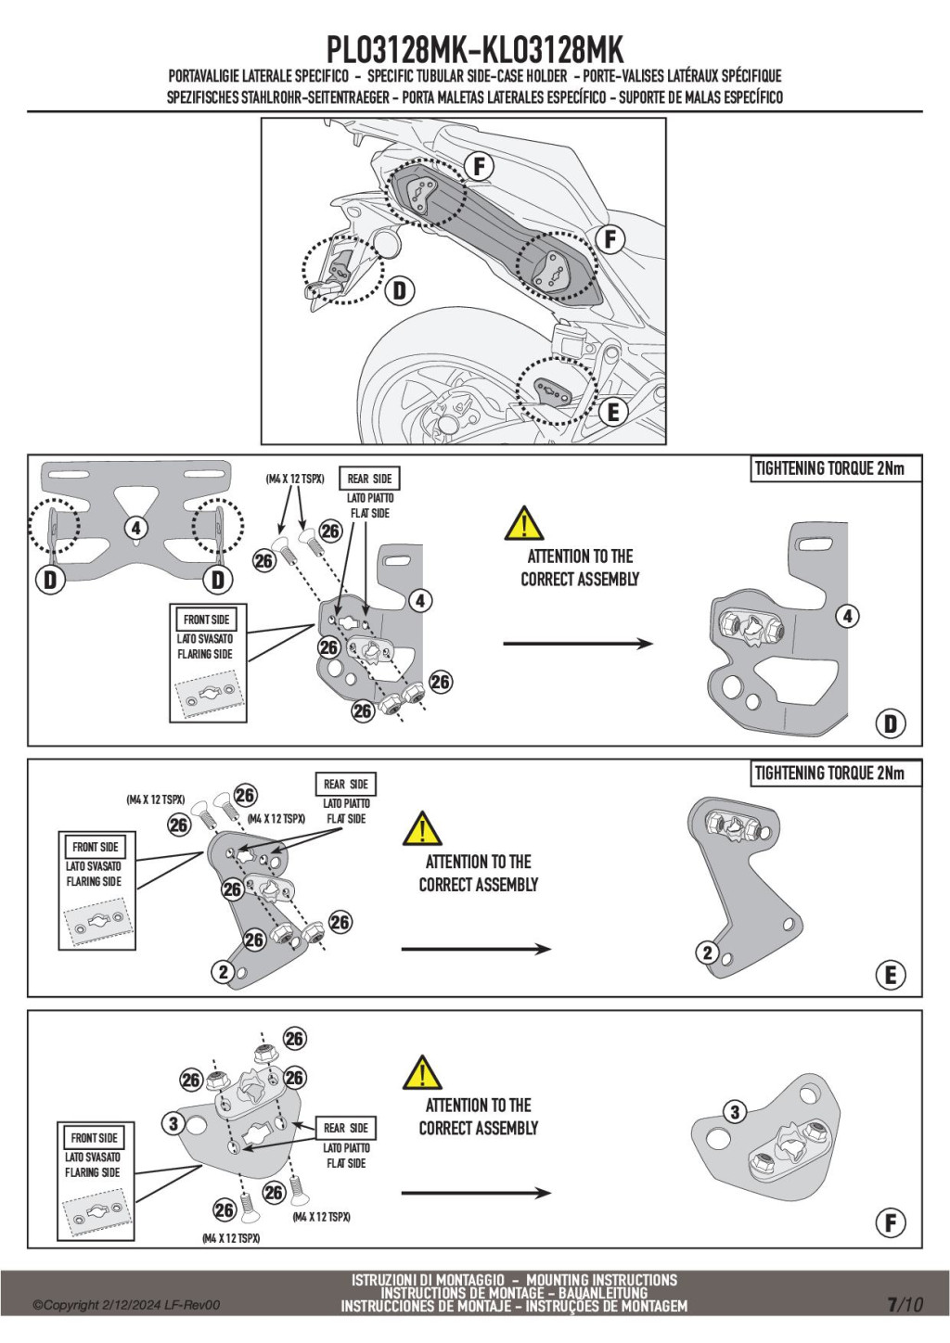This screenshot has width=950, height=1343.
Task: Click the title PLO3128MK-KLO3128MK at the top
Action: click(x=475, y=50)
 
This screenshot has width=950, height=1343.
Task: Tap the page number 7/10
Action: click(x=905, y=1305)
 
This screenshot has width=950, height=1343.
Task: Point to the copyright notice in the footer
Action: click(x=126, y=1305)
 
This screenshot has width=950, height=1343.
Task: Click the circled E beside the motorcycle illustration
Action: click(x=613, y=413)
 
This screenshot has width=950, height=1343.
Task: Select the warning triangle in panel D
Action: click(x=524, y=523)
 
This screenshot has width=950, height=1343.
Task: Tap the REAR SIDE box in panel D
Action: click(x=369, y=479)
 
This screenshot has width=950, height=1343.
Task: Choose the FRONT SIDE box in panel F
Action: click(x=94, y=1138)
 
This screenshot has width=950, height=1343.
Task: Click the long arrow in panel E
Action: click(x=476, y=949)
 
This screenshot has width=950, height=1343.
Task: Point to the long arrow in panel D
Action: click(x=578, y=644)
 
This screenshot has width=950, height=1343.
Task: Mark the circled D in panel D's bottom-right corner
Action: click(x=891, y=724)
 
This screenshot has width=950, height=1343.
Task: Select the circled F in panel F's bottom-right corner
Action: click(x=891, y=1223)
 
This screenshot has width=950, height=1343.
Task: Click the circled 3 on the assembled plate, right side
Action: click(x=735, y=1113)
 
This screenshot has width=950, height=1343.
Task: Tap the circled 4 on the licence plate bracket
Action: click(x=136, y=529)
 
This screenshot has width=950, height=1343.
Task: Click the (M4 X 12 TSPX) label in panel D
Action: click(x=294, y=479)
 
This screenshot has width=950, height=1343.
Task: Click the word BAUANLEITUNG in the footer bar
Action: click(x=603, y=1293)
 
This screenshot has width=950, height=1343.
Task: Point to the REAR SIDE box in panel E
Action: click(x=346, y=785)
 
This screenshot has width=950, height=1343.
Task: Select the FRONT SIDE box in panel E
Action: click(x=96, y=847)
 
